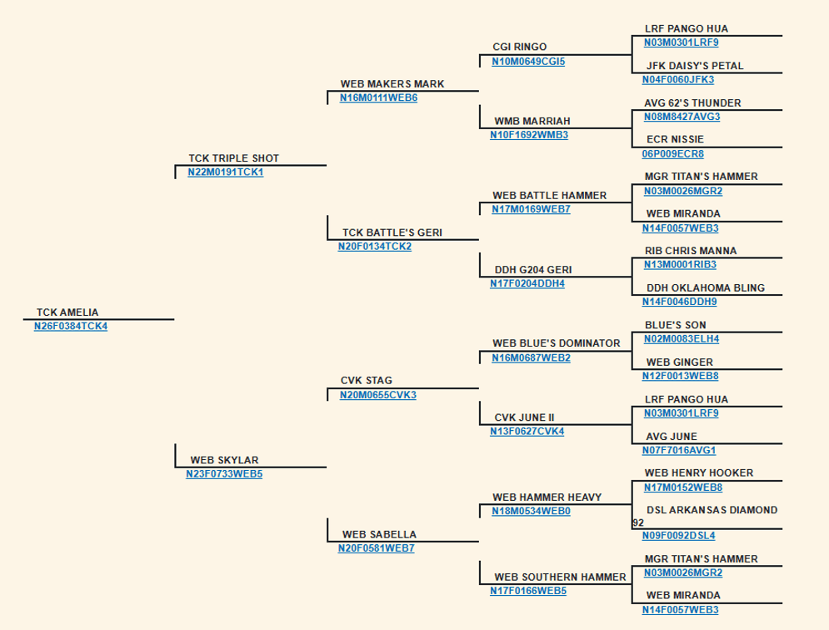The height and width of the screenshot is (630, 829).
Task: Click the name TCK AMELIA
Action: click(67, 312)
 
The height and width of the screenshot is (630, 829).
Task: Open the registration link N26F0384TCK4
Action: click(71, 327)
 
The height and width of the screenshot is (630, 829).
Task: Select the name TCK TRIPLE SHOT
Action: click(233, 158)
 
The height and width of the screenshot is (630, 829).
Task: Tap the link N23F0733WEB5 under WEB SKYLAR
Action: click(224, 474)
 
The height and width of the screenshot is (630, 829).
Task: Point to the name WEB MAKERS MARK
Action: click(392, 83)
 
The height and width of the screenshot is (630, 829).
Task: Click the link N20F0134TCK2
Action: click(375, 247)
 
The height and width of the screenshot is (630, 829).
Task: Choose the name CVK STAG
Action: click(367, 380)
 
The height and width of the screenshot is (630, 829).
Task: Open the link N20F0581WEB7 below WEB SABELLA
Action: click(377, 548)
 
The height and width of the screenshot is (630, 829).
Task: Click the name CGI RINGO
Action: click(520, 47)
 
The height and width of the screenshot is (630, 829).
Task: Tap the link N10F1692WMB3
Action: click(529, 135)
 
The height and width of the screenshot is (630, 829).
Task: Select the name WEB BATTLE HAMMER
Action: click(549, 195)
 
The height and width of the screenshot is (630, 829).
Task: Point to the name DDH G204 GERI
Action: click(533, 270)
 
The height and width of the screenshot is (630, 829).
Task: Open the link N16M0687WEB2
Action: click(532, 358)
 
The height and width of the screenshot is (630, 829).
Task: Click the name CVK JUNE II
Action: click(524, 417)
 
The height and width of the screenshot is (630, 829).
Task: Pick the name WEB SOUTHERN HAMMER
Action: click(560, 577)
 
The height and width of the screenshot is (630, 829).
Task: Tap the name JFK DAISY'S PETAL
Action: click(695, 66)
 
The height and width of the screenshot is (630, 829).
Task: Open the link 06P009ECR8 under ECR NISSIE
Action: click(673, 154)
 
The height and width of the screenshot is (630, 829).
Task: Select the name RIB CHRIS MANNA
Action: click(691, 251)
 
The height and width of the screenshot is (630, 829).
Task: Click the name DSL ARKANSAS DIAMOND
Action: click(712, 510)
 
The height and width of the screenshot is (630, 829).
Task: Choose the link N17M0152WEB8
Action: click(683, 487)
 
